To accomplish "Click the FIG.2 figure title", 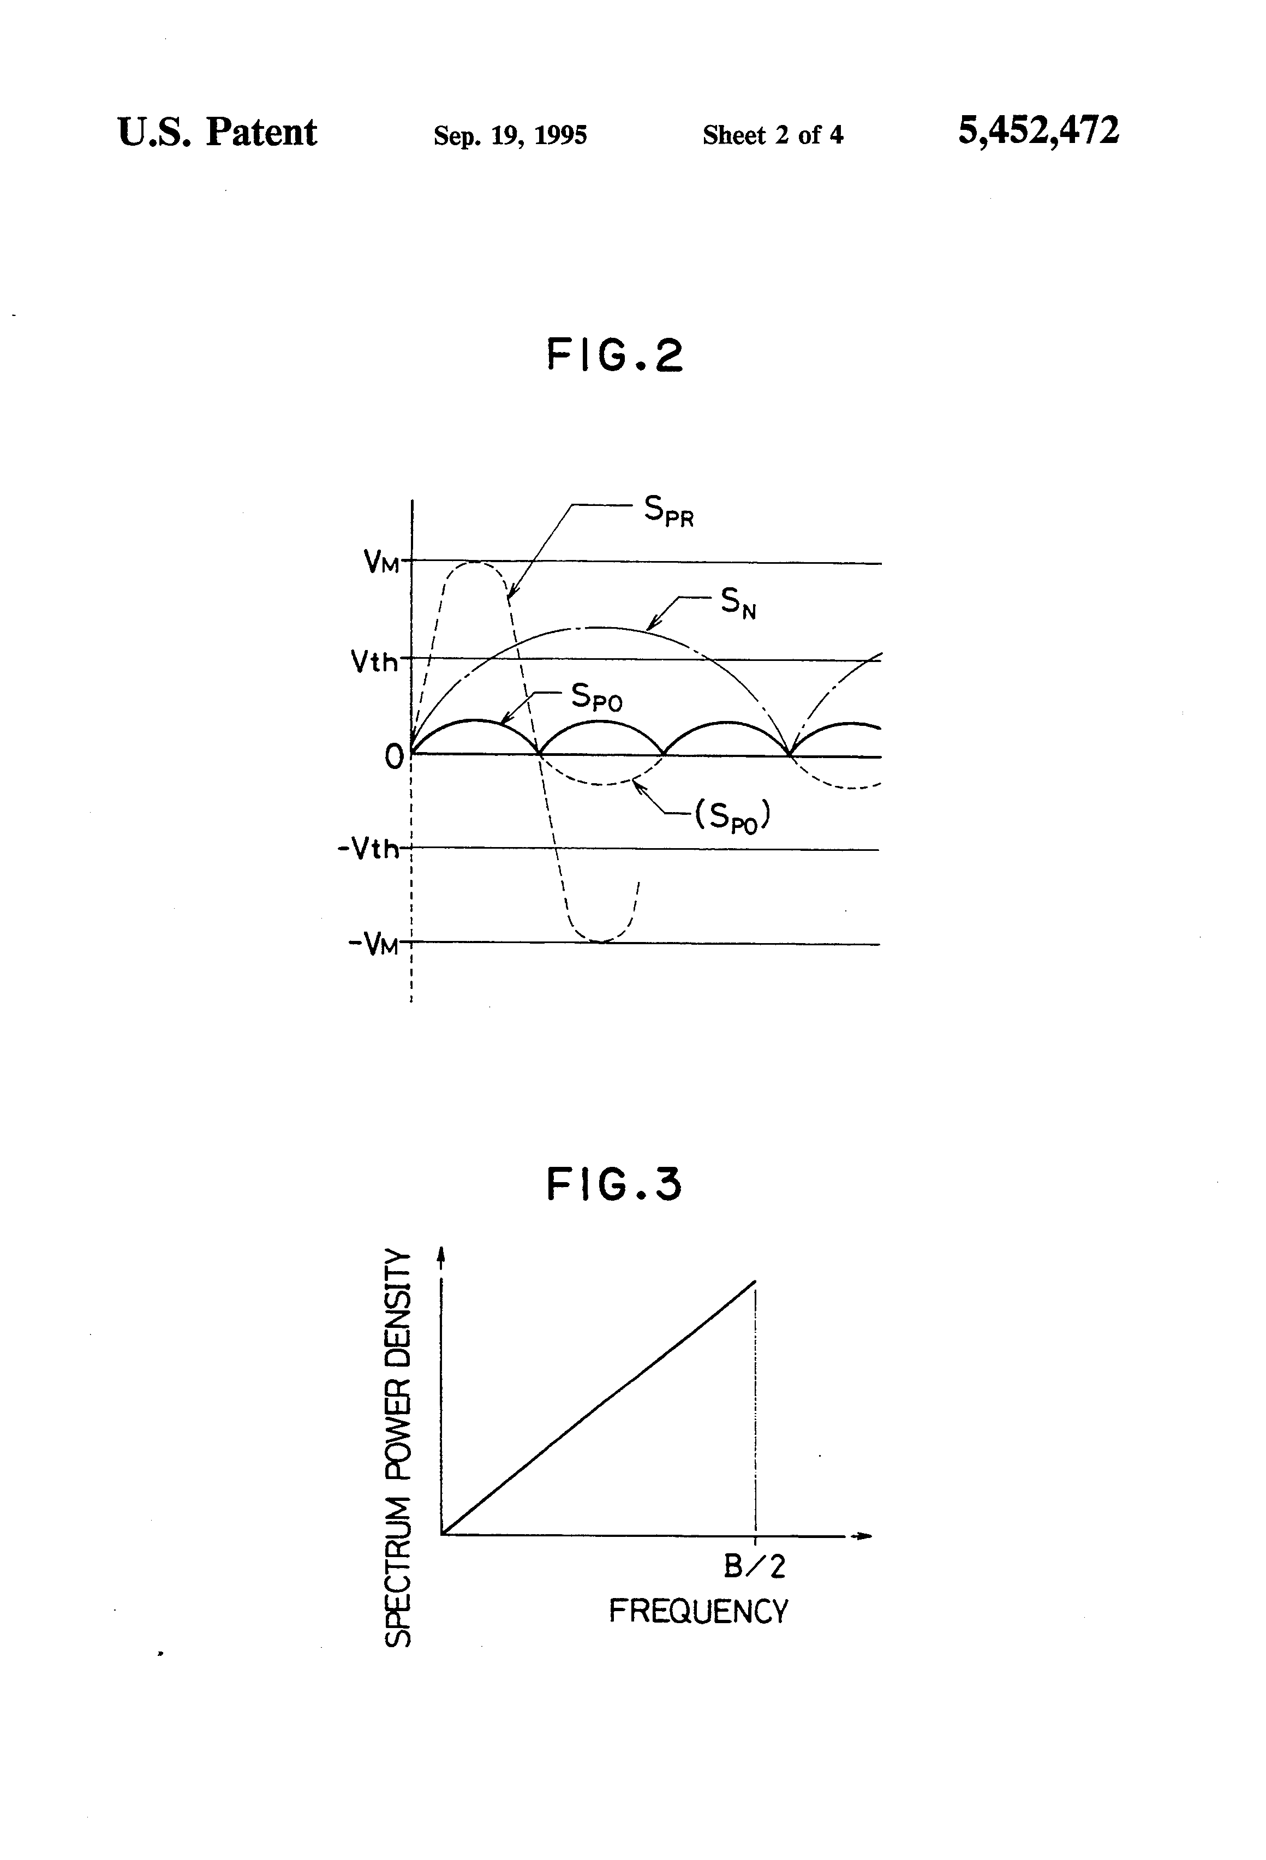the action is click(614, 355).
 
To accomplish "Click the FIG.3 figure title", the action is click(614, 1184).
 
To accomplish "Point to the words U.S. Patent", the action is click(217, 132).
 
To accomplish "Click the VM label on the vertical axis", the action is click(381, 562).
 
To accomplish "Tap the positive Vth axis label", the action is click(374, 661).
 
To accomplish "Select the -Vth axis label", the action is click(368, 848).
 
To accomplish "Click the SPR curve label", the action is click(668, 511).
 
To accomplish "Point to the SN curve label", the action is click(738, 602).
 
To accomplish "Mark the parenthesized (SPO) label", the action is click(731, 816).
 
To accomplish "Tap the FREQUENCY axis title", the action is click(698, 1611).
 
